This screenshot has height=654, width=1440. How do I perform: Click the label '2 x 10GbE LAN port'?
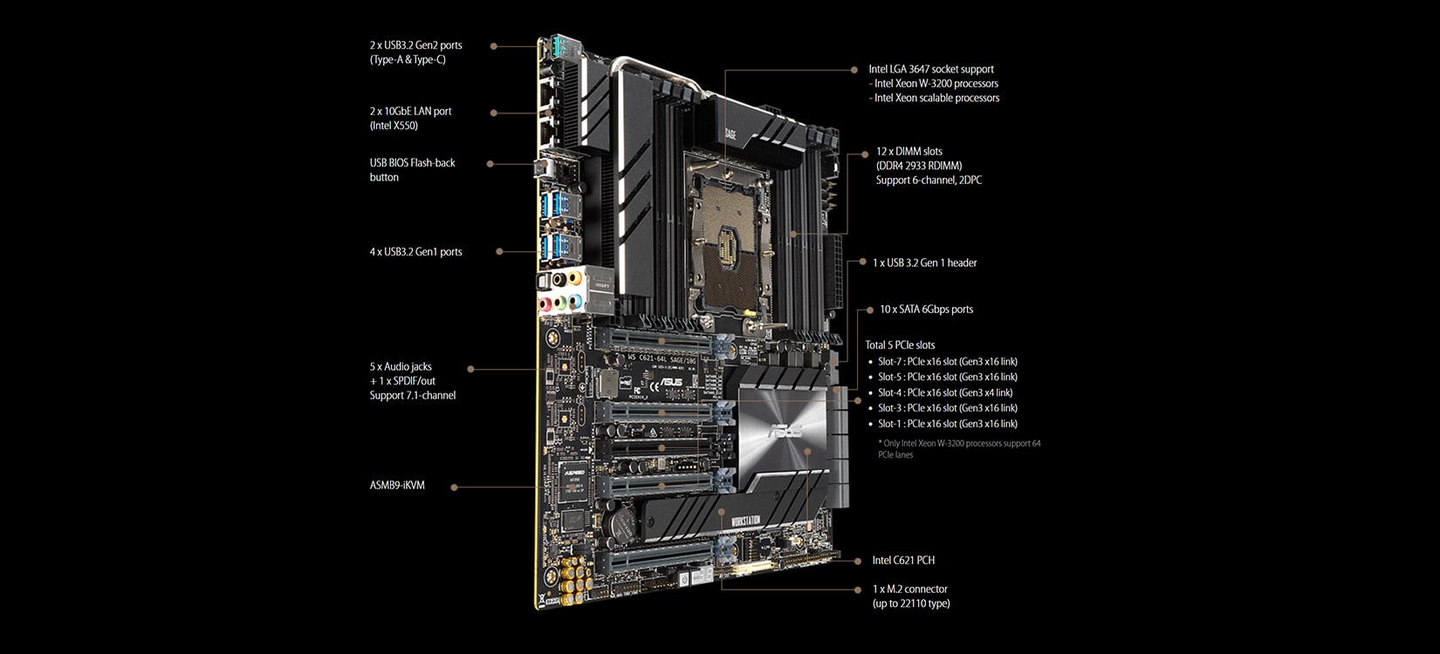(410, 112)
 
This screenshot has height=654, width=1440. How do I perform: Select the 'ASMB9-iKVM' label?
(397, 485)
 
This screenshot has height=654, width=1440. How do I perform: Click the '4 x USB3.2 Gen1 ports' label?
(415, 252)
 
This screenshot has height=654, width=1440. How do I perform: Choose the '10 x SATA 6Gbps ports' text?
(926, 310)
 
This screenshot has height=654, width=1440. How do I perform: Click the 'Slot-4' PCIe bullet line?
(945, 392)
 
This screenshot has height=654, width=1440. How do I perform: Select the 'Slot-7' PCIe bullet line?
(947, 362)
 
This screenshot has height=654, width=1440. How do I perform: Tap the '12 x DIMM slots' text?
(909, 152)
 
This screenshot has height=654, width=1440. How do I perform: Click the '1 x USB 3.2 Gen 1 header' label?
(924, 262)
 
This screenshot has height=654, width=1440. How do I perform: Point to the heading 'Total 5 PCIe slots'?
(900, 345)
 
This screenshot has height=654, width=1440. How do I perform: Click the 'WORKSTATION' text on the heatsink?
(740, 521)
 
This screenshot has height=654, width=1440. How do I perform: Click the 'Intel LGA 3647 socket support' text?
(930, 69)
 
